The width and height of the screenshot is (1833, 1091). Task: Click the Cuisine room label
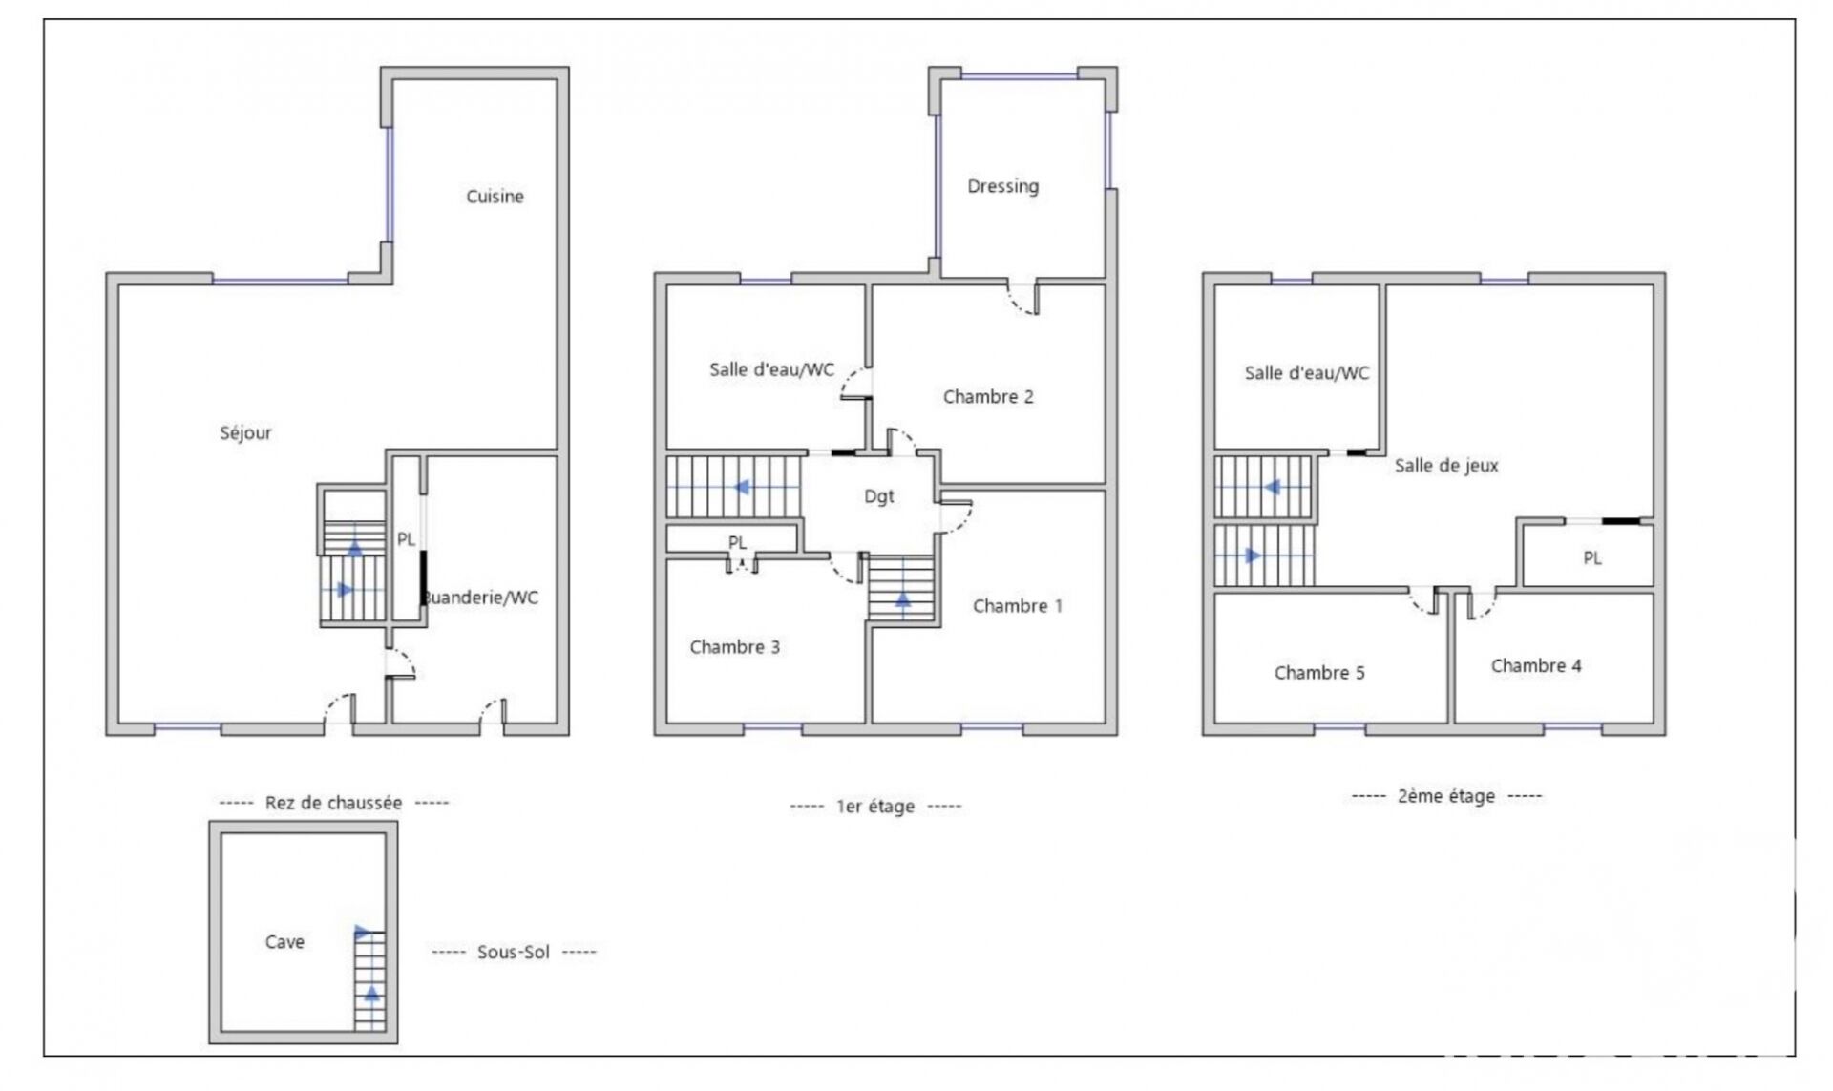click(x=495, y=197)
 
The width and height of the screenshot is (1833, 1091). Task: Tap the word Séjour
click(x=245, y=433)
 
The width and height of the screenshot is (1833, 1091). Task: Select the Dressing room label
click(x=1002, y=186)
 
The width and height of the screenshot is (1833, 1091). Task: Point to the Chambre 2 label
click(x=988, y=397)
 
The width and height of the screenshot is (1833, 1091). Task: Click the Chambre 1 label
click(x=1017, y=606)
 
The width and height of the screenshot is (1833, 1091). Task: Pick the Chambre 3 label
click(x=734, y=647)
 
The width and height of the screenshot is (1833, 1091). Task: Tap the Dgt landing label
click(x=879, y=496)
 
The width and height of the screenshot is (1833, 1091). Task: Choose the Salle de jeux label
click(x=1446, y=466)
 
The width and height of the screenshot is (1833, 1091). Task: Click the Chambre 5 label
click(x=1319, y=673)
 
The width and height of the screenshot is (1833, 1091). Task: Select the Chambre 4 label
click(x=1536, y=666)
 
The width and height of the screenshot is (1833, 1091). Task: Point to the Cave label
click(x=284, y=942)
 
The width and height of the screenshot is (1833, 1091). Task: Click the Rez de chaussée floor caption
click(x=333, y=803)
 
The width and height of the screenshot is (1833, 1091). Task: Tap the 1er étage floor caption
click(x=875, y=807)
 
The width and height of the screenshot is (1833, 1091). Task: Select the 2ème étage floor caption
click(x=1446, y=796)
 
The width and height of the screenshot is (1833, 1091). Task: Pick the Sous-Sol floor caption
click(x=514, y=953)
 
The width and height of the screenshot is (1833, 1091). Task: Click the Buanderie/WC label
click(x=481, y=598)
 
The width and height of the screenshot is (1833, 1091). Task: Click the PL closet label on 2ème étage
click(x=1591, y=558)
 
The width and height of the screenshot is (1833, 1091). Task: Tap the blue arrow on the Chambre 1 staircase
click(x=902, y=599)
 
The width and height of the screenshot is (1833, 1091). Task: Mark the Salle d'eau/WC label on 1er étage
click(x=771, y=370)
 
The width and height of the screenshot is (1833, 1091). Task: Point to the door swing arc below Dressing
click(x=1022, y=302)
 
